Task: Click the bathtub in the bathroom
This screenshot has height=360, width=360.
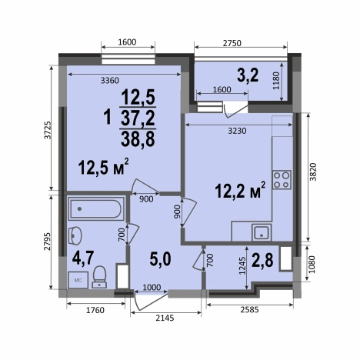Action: pyautogui.click(x=96, y=208)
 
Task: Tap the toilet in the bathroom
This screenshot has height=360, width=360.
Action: pyautogui.click(x=99, y=277)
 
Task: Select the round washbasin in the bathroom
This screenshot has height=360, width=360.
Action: pyautogui.click(x=75, y=235)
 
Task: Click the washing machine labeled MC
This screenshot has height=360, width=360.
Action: pyautogui.click(x=78, y=280)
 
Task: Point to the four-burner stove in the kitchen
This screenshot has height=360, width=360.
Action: pyautogui.click(x=282, y=180)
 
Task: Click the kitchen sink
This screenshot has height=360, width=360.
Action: pyautogui.click(x=262, y=232)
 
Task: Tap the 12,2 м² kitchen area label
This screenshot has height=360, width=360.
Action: pyautogui.click(x=240, y=190)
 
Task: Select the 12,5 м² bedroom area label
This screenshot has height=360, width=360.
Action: pyautogui.click(x=104, y=166)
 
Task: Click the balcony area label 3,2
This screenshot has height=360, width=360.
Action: pyautogui.click(x=248, y=75)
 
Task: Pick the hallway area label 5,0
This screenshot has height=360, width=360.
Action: pyautogui.click(x=160, y=259)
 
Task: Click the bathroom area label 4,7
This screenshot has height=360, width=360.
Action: pyautogui.click(x=83, y=258)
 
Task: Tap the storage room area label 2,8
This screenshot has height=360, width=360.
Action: pyautogui.click(x=262, y=260)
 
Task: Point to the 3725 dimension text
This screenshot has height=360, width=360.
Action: pyautogui.click(x=48, y=130)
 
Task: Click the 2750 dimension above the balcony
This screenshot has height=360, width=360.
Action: pyautogui.click(x=232, y=43)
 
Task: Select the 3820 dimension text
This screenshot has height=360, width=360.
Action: pyautogui.click(x=313, y=172)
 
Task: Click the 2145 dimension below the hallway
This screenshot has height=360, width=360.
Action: pyautogui.click(x=165, y=318)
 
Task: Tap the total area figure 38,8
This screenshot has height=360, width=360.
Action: pyautogui.click(x=138, y=140)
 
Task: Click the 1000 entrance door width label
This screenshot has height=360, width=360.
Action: pyautogui.click(x=152, y=287)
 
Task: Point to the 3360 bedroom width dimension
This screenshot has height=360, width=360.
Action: pyautogui.click(x=110, y=81)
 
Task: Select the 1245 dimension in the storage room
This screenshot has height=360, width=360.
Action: pyautogui.click(x=242, y=265)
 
